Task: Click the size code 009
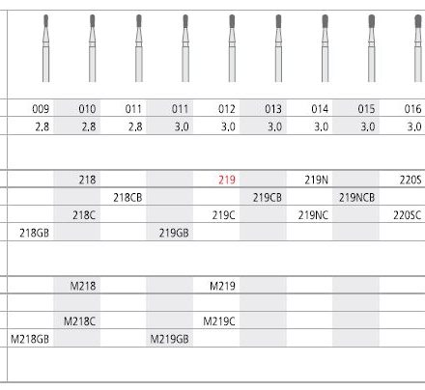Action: click(x=41, y=109)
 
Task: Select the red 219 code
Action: click(x=227, y=180)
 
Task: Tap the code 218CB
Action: click(x=127, y=197)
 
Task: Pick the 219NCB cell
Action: click(x=356, y=197)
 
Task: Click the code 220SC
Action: click(x=407, y=215)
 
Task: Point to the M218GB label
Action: click(x=30, y=339)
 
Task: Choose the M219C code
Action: click(x=219, y=321)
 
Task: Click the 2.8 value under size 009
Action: click(x=42, y=126)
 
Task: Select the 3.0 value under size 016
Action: click(x=414, y=126)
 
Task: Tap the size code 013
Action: click(x=273, y=109)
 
